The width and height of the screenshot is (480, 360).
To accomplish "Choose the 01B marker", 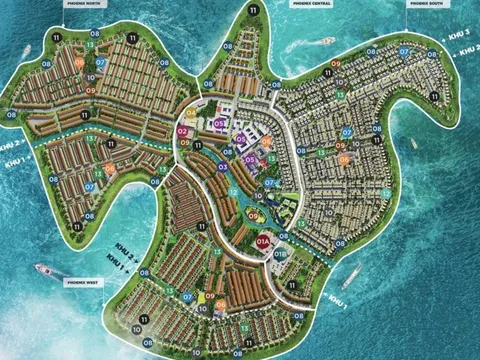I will tap(281, 254).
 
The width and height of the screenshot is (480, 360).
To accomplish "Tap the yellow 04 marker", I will tap(190, 113).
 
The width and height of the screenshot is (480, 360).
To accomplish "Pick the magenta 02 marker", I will tap(183, 131).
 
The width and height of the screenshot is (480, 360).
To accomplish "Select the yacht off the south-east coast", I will tap(350, 277).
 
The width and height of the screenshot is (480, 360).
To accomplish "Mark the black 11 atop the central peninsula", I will tap(253, 9).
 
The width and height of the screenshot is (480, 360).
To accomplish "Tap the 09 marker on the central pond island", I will tap(254, 212).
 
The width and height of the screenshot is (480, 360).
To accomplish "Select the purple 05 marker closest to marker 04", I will tap(219, 122).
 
